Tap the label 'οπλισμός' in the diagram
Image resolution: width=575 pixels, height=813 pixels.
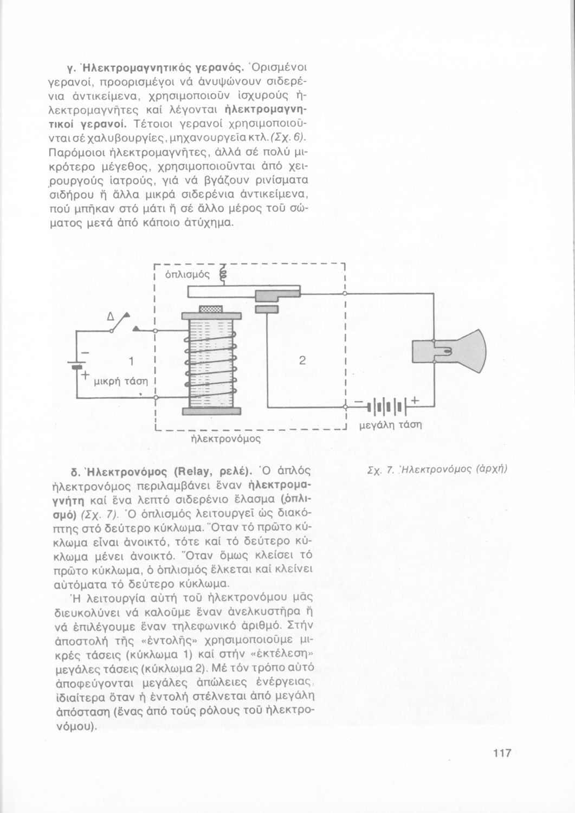[186, 274]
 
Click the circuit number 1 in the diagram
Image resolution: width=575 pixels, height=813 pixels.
[131, 361]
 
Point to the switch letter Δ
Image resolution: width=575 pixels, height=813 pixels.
[110, 316]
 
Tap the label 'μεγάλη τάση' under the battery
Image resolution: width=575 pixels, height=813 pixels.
[391, 424]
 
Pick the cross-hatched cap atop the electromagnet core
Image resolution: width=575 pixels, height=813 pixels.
[211, 309]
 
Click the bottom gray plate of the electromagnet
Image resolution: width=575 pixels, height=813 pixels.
[211, 411]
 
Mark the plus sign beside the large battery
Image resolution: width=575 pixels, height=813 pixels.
[415, 401]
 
